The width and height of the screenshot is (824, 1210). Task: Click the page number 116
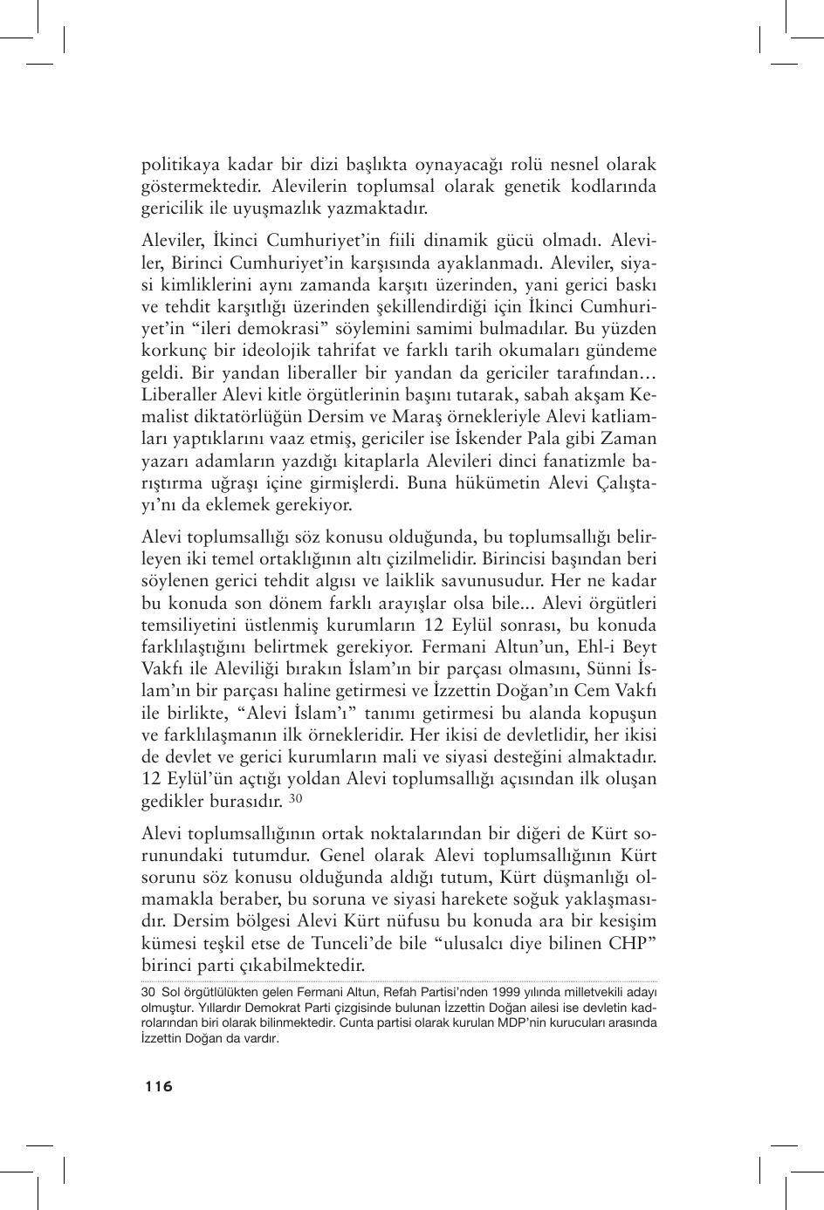(x=159, y=1086)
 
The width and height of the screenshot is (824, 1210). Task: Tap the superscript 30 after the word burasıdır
(x=296, y=798)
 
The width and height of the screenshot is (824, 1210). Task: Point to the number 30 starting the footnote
(x=148, y=992)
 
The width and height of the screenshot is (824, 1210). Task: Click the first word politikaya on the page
(x=180, y=165)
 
